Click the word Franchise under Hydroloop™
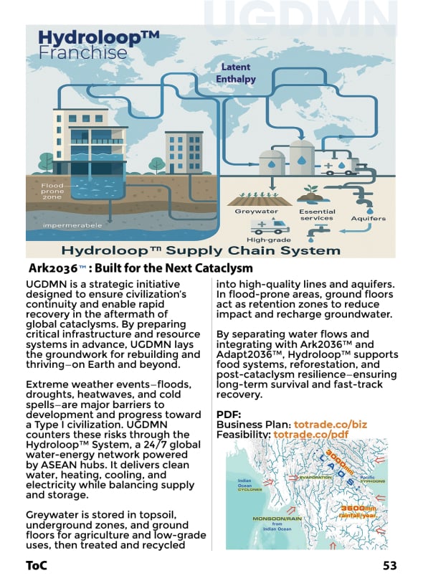(x=82, y=53)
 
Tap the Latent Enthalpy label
(x=236, y=73)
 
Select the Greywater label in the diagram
(x=256, y=211)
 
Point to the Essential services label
(x=316, y=214)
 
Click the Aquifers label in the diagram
(x=368, y=218)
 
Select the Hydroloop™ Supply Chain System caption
(x=201, y=250)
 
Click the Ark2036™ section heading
(x=141, y=268)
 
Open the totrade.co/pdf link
(x=310, y=435)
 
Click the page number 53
(x=389, y=565)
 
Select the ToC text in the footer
(x=37, y=565)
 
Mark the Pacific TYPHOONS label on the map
(x=372, y=479)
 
